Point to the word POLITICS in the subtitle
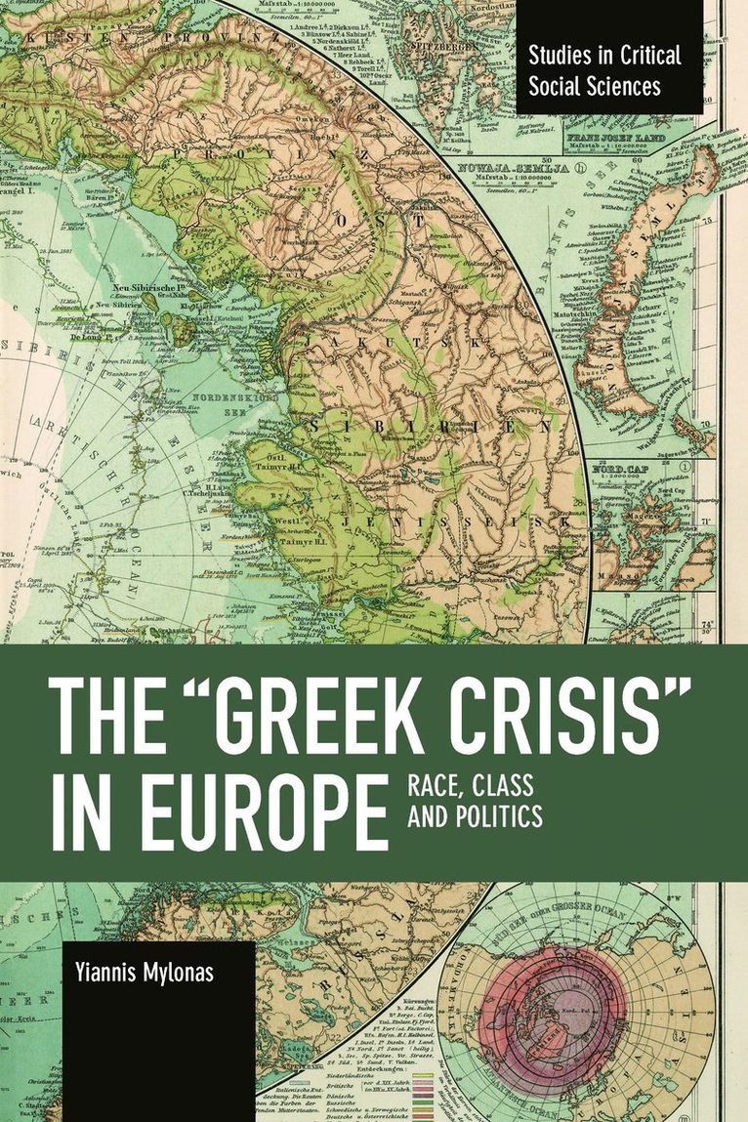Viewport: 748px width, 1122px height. (x=497, y=815)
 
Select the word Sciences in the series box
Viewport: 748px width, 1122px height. (x=622, y=85)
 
